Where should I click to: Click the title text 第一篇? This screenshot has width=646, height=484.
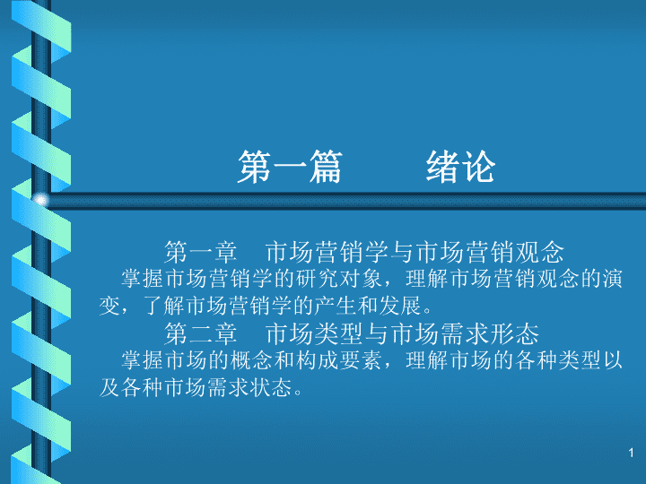tap(290, 167)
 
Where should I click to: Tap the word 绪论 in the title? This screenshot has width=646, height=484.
tap(460, 167)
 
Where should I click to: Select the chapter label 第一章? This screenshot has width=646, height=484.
tap(201, 252)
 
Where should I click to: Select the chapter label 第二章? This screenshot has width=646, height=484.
tap(201, 333)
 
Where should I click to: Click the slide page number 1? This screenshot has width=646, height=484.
tap(631, 454)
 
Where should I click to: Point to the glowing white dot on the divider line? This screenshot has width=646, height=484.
tap(40, 201)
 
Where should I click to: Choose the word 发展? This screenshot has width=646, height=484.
tap(400, 306)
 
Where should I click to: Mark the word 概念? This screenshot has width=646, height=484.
tap(251, 360)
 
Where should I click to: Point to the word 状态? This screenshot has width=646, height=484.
tap(271, 387)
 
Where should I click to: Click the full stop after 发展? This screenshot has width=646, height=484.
tap(427, 312)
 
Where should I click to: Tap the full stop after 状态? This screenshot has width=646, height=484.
tap(298, 393)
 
